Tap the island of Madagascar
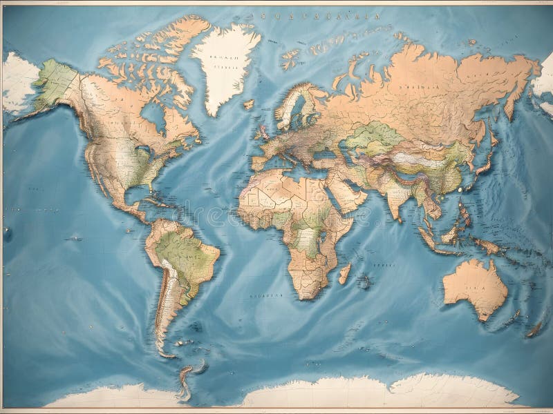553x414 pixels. coord(344,274)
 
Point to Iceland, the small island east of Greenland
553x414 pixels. coord(248,104)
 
